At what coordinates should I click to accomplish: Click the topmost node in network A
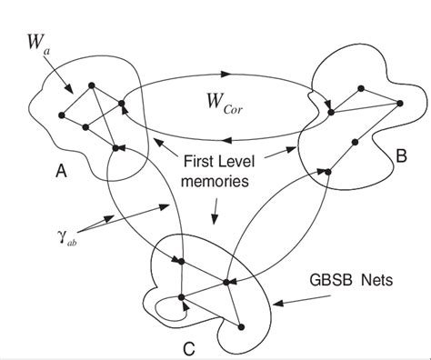click(x=91, y=87)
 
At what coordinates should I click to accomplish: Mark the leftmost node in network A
click(x=61, y=115)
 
